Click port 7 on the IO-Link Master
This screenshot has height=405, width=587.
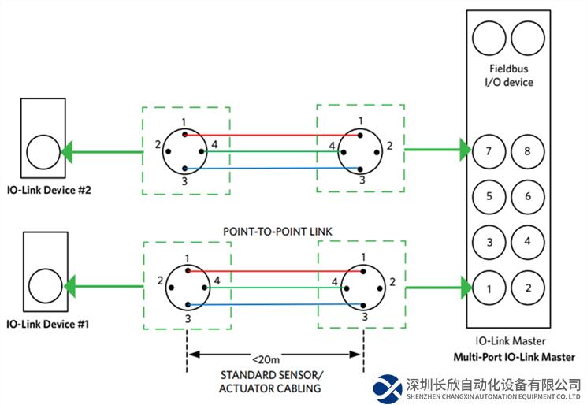coord(489,150)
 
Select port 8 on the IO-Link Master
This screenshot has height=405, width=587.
coord(527,150)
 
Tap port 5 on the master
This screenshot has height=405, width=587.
coord(489,196)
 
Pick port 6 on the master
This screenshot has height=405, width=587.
coord(527,196)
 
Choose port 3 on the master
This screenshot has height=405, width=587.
coord(489,242)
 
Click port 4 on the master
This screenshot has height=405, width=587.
coord(527,242)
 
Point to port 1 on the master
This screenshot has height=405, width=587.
coord(489,288)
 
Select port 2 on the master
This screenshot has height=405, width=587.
coord(527,288)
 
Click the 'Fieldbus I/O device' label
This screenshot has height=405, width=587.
coord(508,76)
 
